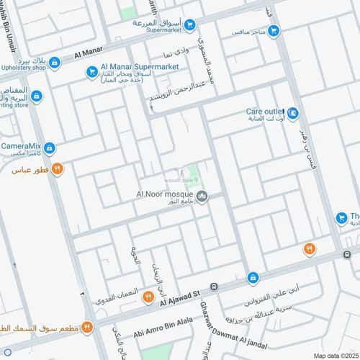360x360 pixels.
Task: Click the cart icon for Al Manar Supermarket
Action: tap(91, 71)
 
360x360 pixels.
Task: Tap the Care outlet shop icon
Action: tap(292, 113)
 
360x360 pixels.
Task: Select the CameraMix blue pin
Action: tap(49, 148)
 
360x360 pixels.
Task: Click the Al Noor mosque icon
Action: tap(202, 195)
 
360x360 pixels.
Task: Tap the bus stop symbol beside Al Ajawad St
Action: tap(215, 288)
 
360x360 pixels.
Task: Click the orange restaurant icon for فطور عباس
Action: tap(58, 169)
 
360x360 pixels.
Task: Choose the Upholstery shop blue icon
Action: tap(55, 63)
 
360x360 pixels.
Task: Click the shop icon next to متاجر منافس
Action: tap(273, 32)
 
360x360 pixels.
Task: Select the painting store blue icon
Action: tap(36, 96)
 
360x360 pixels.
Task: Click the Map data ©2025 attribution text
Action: tap(335, 355)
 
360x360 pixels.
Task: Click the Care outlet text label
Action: tap(264, 112)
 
